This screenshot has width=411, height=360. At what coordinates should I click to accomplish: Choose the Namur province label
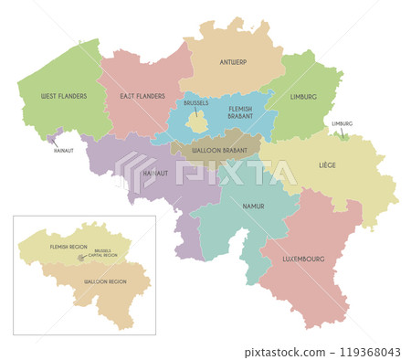click(x=252, y=206)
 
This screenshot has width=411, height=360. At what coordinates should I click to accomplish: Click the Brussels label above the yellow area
click(x=195, y=103)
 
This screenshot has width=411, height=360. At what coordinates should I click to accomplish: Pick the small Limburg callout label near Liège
click(x=342, y=123)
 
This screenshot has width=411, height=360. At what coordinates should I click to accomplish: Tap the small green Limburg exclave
click(x=342, y=137)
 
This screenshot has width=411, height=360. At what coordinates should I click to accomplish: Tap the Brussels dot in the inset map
click(x=81, y=257)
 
